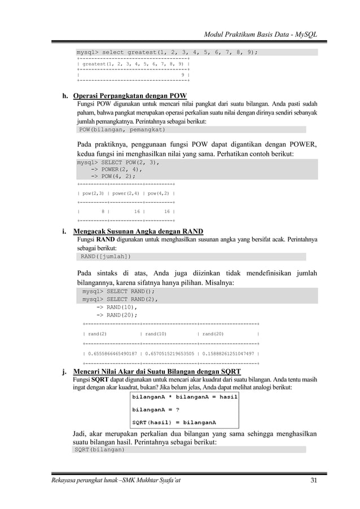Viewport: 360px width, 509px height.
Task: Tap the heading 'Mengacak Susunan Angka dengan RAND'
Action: click(x=139, y=231)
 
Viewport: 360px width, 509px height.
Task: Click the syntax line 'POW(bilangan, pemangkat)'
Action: click(x=111, y=129)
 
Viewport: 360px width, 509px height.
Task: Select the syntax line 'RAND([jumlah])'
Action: click(x=106, y=257)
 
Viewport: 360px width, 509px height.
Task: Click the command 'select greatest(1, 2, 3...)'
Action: click(x=168, y=52)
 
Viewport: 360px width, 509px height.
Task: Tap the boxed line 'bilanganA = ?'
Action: click(x=156, y=409)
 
